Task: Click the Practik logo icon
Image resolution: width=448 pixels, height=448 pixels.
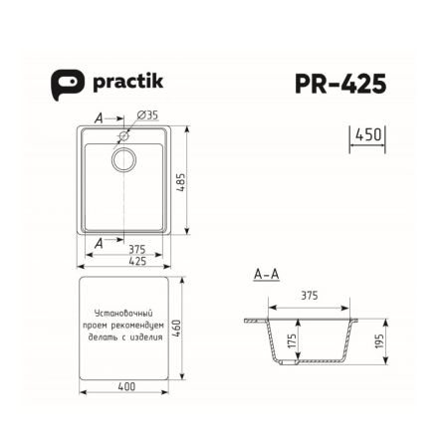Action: tap(64, 84)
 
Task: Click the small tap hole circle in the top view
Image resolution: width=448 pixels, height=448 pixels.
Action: tap(123, 134)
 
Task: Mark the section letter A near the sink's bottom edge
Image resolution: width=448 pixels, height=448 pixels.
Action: tap(98, 241)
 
